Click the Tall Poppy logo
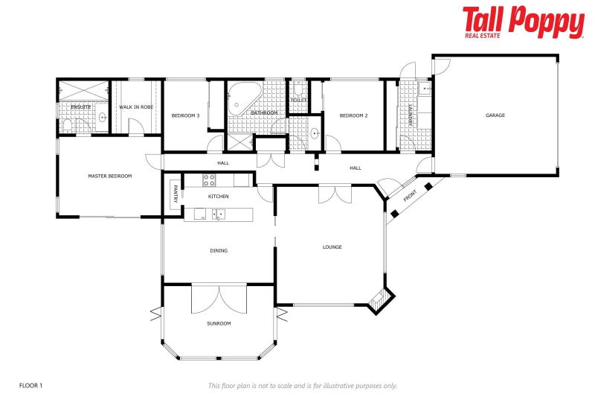[x=523, y=22]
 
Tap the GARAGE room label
[x=495, y=115]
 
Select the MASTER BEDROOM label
[x=109, y=176]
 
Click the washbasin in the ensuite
[x=102, y=118]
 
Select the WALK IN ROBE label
[x=136, y=107]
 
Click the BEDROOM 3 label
[x=185, y=115]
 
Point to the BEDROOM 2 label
[x=354, y=115]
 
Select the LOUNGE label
[x=332, y=247]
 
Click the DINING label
[x=219, y=250]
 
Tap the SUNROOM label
[x=219, y=323]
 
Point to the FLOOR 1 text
[x=30, y=385]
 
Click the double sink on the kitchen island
[x=219, y=215]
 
